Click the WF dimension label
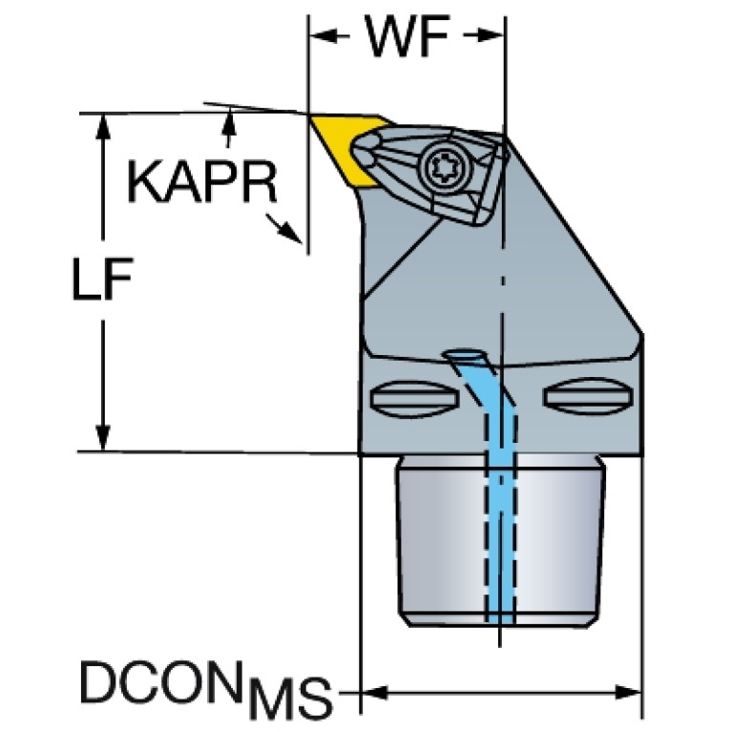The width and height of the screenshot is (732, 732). pos(407,36)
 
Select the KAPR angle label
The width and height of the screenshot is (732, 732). pos(202,182)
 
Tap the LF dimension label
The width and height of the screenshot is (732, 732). pos(102,279)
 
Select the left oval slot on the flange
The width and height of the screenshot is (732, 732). pos(414,398)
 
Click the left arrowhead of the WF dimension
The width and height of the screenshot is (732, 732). pos(324,35)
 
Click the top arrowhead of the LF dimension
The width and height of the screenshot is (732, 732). pos(103,126)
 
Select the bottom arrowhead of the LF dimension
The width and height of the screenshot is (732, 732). pos(103,438)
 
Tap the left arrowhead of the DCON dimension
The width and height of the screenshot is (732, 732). pos(375,692)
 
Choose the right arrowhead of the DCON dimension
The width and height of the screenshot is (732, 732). pos(628,692)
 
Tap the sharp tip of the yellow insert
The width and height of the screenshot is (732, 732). pos(309,115)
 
